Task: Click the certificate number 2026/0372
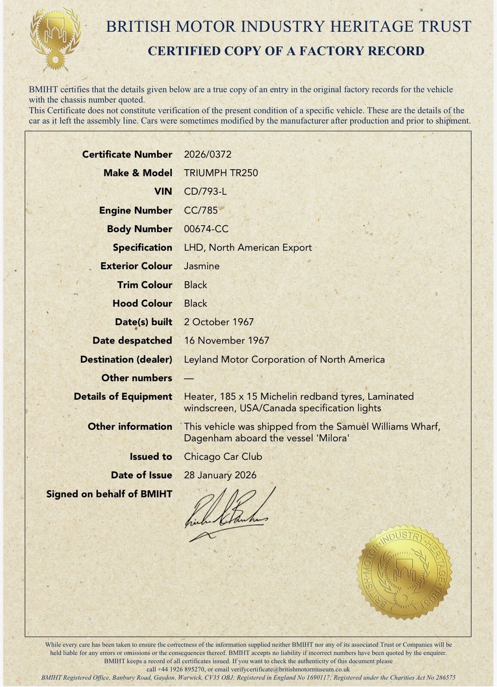point(207,155)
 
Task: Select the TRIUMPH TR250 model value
point(221,173)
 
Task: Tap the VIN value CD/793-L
point(205,192)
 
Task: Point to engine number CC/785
point(201,210)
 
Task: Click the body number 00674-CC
point(206,229)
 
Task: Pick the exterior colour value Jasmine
point(202,266)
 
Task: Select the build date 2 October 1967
point(219,322)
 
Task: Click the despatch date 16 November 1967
point(227,340)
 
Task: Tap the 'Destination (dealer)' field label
point(126,359)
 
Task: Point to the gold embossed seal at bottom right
point(405,574)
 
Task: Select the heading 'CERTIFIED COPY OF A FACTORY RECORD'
point(286,51)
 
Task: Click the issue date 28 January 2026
point(220,475)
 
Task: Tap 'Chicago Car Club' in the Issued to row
point(223,456)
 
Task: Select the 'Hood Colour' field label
point(142,304)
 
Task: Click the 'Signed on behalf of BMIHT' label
point(109,494)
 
